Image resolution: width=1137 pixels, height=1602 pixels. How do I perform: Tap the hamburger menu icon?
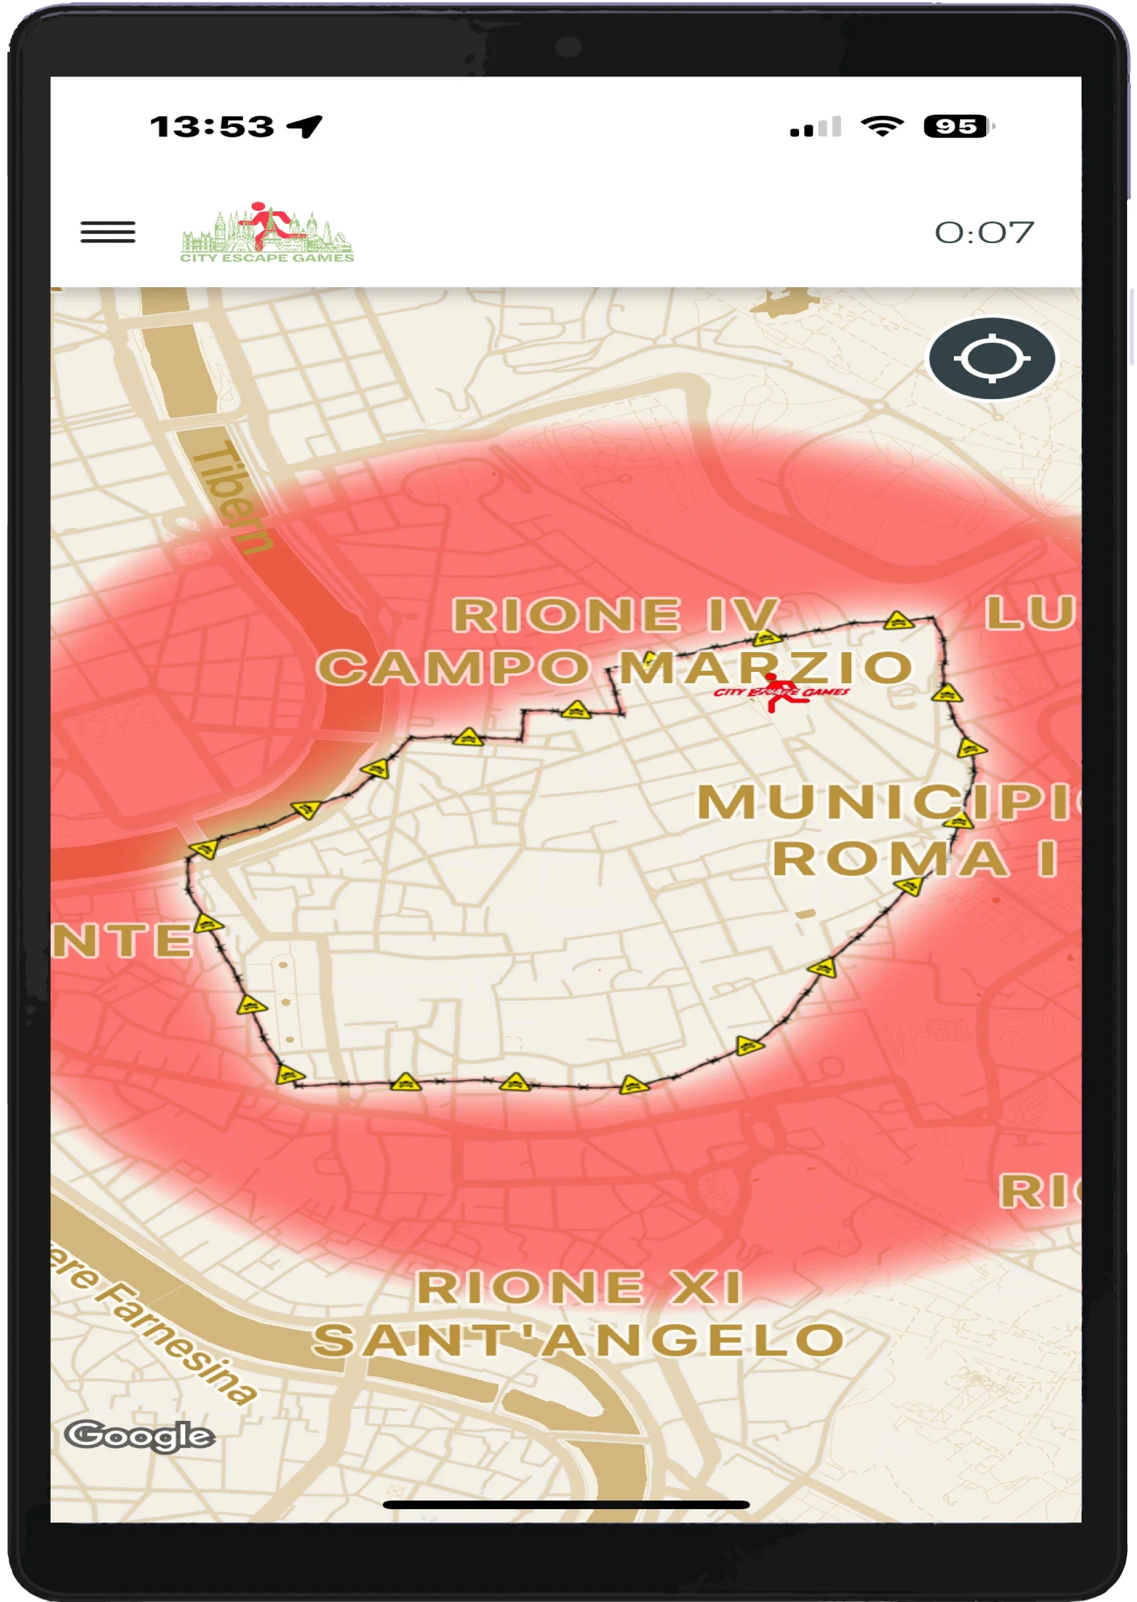pos(108,232)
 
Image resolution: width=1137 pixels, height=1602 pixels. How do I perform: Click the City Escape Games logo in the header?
pos(267,233)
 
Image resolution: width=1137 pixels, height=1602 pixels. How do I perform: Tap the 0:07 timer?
pos(984,233)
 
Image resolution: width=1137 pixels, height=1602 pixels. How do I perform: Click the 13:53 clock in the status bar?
pos(212,126)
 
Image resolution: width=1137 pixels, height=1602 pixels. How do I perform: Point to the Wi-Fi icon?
pos(882,126)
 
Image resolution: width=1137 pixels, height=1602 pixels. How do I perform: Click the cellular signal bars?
pos(815,127)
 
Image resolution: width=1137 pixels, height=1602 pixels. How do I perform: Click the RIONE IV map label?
pos(615,615)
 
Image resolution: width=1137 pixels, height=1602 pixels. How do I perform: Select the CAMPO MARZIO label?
pos(615,667)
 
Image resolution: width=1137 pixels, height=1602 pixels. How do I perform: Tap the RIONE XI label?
pos(579,1287)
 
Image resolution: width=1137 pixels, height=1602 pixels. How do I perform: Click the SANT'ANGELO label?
pos(579,1340)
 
